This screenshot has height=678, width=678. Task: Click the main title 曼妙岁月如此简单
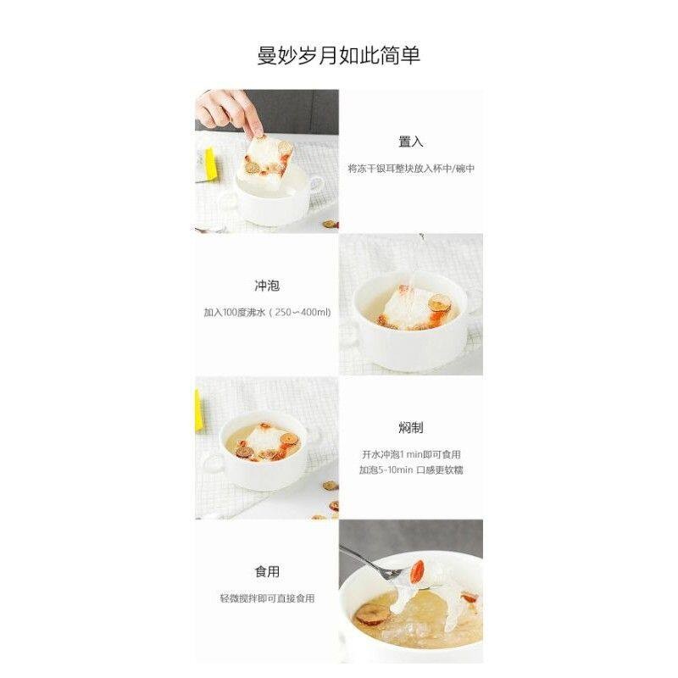pos(338,55)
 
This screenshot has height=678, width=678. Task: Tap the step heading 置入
pos(411,142)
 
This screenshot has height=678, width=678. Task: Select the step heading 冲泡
pos(267,286)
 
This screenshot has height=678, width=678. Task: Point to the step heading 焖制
pos(411,428)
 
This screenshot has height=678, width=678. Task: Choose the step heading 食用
pos(267,571)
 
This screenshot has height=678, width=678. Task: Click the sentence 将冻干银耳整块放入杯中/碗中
pos(411,168)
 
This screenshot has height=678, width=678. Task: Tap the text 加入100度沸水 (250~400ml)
pos(267,312)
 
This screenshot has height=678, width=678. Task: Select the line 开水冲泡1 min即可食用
pos(411,454)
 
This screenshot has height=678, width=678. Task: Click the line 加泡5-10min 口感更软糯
pos(411,470)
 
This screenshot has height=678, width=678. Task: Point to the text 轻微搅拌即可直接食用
pos(267,598)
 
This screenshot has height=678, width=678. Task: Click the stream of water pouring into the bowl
pos(413,264)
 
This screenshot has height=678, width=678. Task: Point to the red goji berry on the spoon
pos(417,570)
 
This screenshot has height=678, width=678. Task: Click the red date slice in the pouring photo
pos(440,303)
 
